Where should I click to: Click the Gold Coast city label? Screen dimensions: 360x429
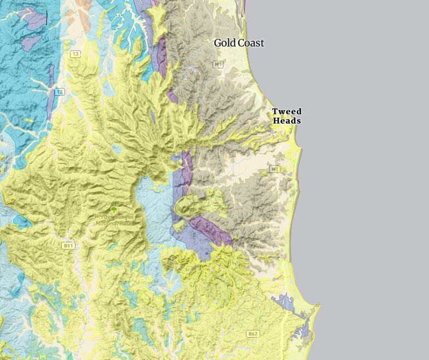click(239, 43)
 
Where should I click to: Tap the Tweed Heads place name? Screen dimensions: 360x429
click(287, 116)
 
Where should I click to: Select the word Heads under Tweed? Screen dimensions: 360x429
click(287, 121)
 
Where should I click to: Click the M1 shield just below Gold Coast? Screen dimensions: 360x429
click(218, 65)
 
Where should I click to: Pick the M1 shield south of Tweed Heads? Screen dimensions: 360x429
click(274, 170)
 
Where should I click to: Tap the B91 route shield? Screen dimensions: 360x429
click(68, 246)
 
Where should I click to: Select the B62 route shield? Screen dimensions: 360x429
click(252, 334)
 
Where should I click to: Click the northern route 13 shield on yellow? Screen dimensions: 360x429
click(75, 54)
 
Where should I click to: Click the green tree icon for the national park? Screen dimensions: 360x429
click(114, 210)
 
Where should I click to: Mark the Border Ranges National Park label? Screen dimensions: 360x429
click(114, 219)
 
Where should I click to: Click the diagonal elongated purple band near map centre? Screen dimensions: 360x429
click(211, 230)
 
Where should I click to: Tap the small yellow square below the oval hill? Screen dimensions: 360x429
click(179, 226)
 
